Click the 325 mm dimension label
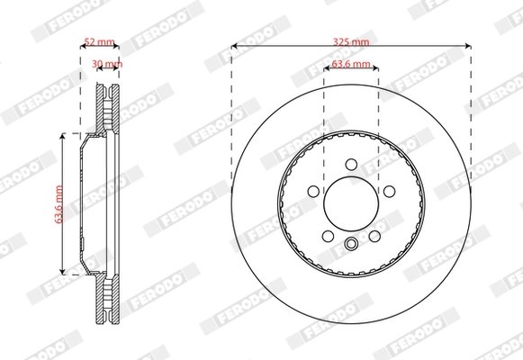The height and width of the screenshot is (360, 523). [x=351, y=41]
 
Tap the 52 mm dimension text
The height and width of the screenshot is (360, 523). [x=99, y=41]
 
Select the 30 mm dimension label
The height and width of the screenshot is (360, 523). [x=107, y=63]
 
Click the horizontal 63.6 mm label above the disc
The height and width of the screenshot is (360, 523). [x=351, y=64]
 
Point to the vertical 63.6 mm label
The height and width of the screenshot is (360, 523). [x=59, y=204]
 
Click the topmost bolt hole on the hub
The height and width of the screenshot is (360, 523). [x=351, y=165]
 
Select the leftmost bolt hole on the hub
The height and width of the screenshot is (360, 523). [x=313, y=192]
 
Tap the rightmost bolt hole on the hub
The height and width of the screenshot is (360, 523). [x=389, y=192]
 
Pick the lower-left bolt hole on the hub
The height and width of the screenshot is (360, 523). [x=328, y=236]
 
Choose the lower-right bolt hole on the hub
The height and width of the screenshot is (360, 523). [x=374, y=236]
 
